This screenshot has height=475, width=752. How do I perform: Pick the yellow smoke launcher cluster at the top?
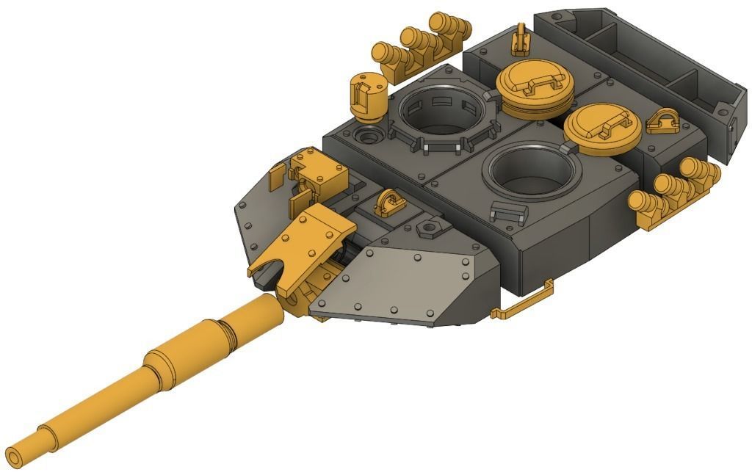point(422,44)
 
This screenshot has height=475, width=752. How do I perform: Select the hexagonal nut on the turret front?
point(428,230)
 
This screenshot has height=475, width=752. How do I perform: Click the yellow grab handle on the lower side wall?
point(524,300)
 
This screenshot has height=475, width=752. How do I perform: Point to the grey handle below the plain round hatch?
point(509,214)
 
